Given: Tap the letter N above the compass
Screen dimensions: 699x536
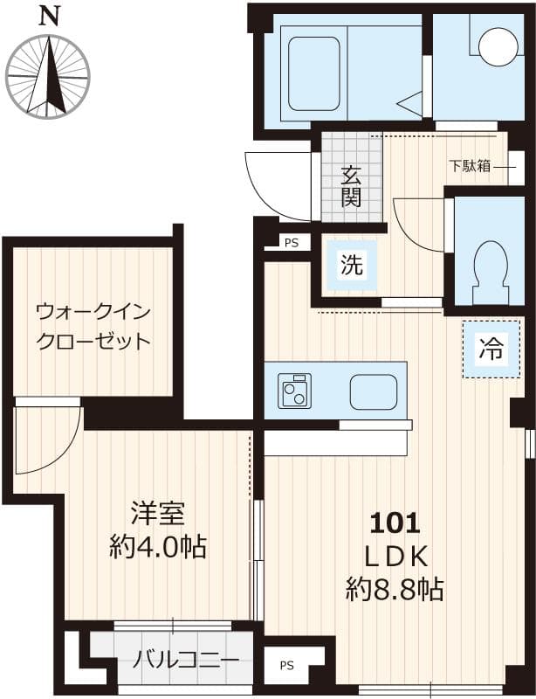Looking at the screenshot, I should click(50, 15).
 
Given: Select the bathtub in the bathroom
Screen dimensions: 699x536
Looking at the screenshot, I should click(313, 73).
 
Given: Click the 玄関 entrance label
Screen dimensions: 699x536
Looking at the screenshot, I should click(351, 185).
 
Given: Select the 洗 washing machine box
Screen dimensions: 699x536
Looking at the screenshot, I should click(351, 265).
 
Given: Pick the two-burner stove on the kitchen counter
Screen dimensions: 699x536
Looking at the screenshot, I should click(295, 390).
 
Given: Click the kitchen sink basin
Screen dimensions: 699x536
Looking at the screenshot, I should click(374, 391).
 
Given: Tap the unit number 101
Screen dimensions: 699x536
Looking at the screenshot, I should click(395, 523).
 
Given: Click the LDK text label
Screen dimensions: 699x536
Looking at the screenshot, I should click(395, 556).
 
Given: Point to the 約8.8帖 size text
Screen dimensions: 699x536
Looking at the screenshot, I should click(395, 589).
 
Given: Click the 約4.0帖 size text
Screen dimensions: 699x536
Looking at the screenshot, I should click(158, 547).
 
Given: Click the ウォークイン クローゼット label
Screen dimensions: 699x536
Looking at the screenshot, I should click(93, 325).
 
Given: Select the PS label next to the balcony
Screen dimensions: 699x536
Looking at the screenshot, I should click(286, 666).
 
